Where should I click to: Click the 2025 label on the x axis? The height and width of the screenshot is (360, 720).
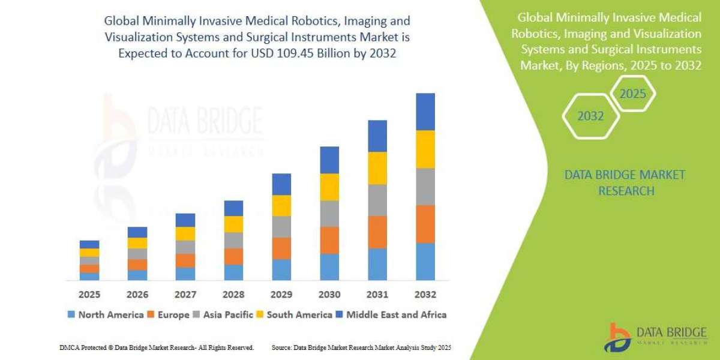point(89,295)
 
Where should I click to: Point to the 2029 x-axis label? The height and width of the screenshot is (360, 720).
point(281,295)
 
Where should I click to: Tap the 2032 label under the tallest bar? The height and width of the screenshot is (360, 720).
point(425,295)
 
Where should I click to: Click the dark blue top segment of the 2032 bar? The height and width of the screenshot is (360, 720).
point(425,112)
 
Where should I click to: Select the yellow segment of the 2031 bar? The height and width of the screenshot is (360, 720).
point(377,168)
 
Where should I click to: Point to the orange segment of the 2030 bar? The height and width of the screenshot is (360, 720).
point(329,240)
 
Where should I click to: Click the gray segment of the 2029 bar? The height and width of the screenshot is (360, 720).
point(281,227)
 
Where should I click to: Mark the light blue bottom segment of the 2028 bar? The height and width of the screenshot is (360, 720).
point(233,272)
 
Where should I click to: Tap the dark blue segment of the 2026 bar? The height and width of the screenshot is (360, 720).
point(137,232)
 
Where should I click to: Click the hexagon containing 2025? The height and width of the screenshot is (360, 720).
point(632,94)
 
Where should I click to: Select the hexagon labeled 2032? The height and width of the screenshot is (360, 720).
point(590,116)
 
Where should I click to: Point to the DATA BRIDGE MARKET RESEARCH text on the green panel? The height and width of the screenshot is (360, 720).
point(625,183)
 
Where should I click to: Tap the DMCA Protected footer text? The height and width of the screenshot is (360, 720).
point(157,347)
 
